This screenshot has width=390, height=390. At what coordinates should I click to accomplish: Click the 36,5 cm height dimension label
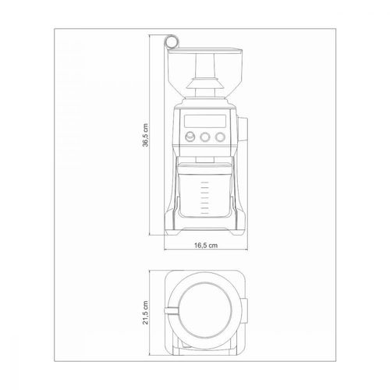tap(146, 135)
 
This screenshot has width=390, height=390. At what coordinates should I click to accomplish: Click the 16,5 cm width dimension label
tap(206, 245)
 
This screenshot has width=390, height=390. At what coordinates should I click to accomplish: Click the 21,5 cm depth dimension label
tap(145, 313)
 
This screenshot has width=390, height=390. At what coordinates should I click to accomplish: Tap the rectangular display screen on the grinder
tap(205, 121)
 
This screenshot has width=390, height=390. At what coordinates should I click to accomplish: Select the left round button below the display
tap(190, 136)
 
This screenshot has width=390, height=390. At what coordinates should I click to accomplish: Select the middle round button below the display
tap(205, 136)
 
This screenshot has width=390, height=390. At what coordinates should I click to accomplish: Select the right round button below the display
tap(220, 136)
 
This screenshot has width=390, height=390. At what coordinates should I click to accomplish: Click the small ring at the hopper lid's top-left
tap(172, 41)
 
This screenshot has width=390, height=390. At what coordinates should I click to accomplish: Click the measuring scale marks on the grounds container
tap(205, 198)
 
